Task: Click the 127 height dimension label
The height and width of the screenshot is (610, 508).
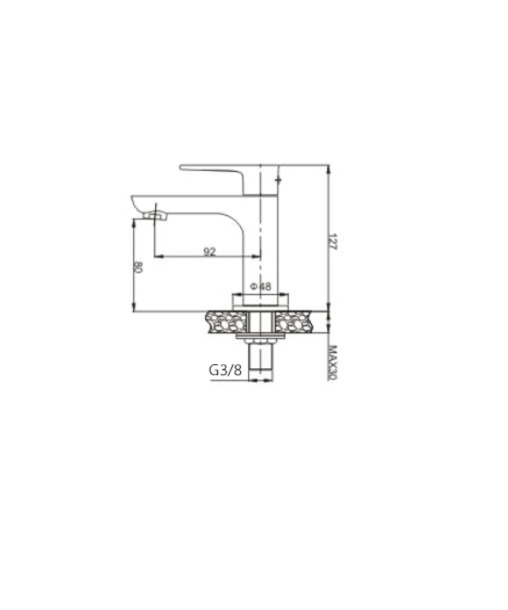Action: [332, 242]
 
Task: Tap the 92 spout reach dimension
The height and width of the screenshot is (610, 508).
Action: [210, 251]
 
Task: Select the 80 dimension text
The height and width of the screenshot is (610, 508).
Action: [138, 267]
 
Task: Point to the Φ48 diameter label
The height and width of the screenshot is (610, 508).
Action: [261, 286]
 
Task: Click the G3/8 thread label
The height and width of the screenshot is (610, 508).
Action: [225, 370]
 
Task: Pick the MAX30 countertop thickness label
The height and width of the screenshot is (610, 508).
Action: [332, 363]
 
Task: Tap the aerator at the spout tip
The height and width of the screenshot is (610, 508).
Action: [155, 215]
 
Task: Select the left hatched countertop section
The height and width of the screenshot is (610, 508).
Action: [226, 322]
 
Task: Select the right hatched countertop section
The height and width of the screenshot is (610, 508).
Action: [294, 322]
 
